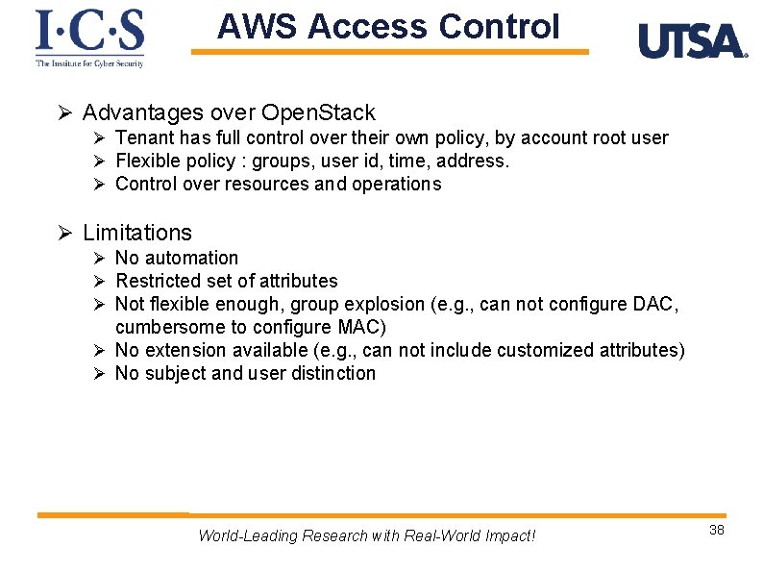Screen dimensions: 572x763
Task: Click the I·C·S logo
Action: [x=89, y=37]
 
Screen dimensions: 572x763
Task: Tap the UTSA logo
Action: [x=692, y=41]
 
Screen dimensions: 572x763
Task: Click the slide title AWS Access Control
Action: [x=388, y=27]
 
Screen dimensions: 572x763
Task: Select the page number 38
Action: [x=716, y=530]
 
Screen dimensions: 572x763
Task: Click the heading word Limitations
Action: [x=137, y=233]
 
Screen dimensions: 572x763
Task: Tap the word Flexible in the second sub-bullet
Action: [x=147, y=161]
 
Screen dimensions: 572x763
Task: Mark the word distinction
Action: [x=335, y=373]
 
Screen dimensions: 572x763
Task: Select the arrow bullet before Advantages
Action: [x=65, y=114]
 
